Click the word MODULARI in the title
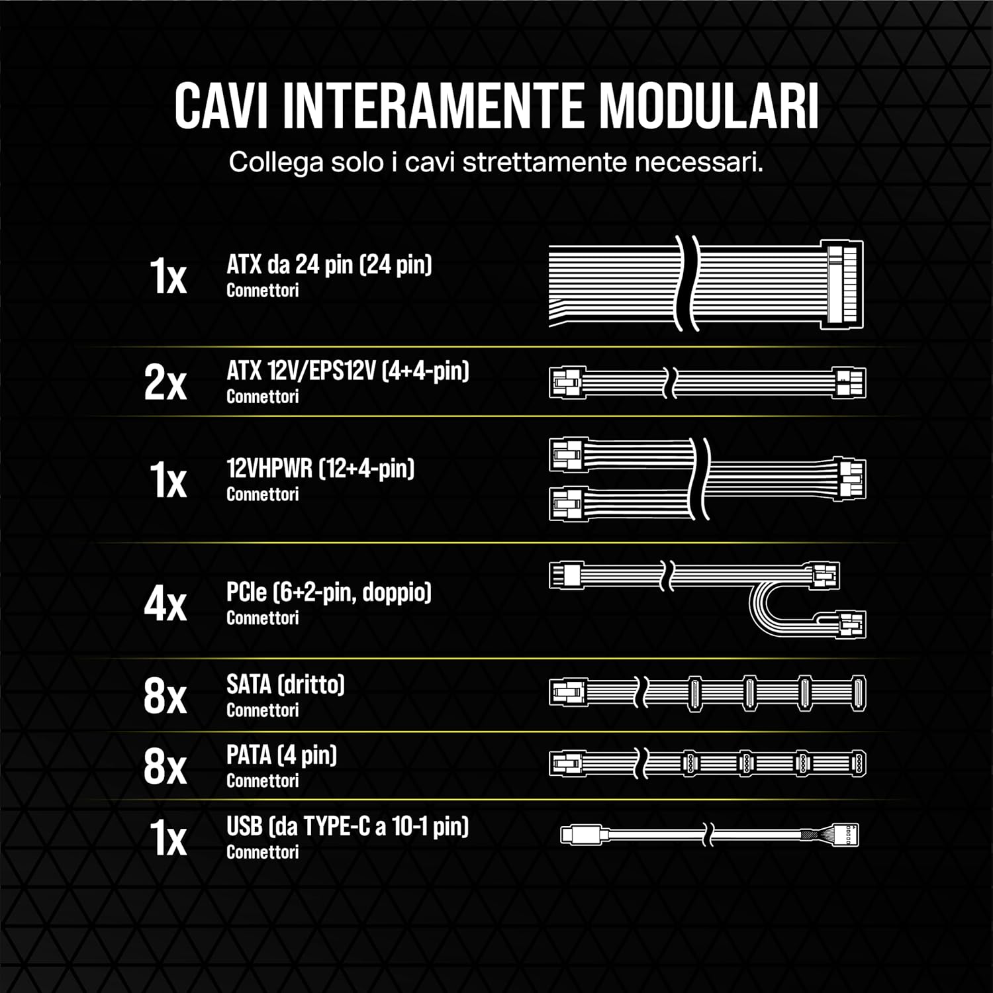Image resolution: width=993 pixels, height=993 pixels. coord(709,106)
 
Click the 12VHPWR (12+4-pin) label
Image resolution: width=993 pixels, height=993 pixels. coord(320,469)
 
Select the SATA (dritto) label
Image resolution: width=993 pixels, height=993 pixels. coord(285,685)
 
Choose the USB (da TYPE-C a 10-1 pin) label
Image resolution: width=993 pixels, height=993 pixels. coord(348,826)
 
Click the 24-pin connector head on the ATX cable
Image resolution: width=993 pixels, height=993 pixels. coord(842,284)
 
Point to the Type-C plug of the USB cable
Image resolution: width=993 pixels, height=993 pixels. coord(581,834)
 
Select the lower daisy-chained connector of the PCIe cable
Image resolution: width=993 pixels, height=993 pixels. coord(851,624)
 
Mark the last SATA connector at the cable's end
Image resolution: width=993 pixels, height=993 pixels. coord(858,694)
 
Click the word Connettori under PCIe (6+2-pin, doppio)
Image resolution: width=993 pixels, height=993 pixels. coord(262,618)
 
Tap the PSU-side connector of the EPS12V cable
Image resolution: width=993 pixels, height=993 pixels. coord(567,383)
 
